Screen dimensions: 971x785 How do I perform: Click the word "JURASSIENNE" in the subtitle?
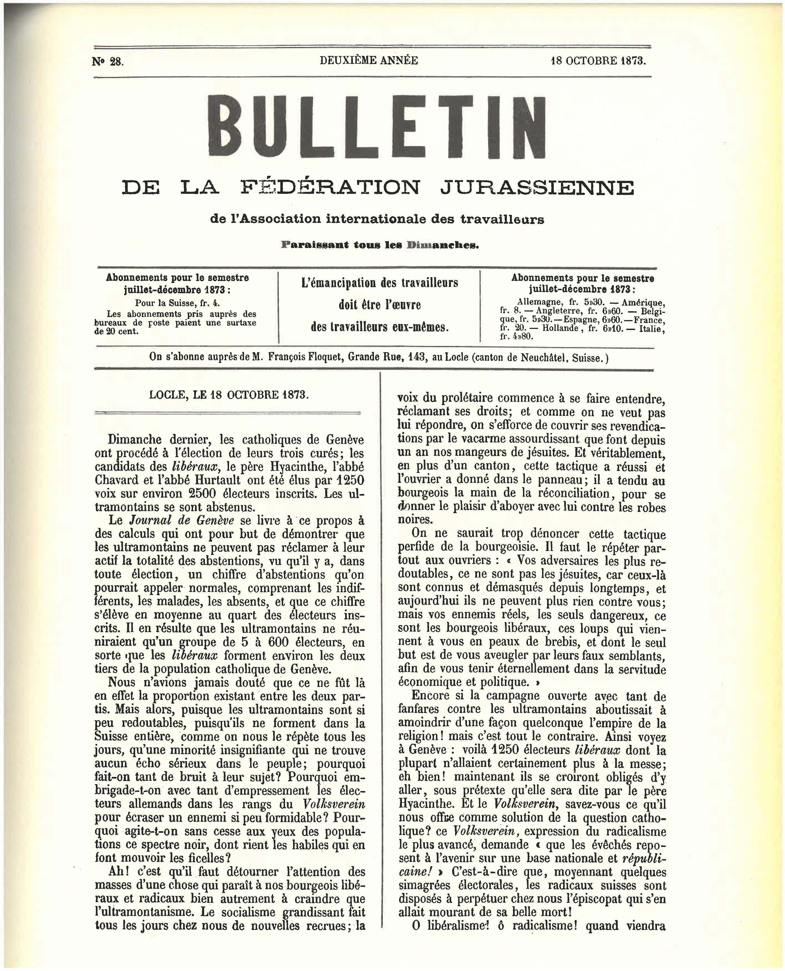[x=537, y=187]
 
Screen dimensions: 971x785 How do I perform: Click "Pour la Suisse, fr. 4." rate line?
[x=177, y=303]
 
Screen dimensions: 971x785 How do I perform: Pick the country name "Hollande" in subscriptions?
[x=560, y=328]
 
